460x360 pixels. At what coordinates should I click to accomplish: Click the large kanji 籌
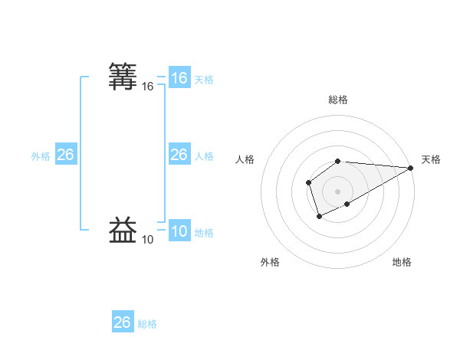(123, 77)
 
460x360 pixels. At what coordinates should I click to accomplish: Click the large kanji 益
(123, 230)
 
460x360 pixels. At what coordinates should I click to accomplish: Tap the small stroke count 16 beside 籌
(147, 87)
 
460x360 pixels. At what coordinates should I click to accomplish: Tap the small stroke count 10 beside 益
(147, 240)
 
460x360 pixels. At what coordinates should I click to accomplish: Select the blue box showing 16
(179, 78)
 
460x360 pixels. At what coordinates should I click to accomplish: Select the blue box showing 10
(179, 231)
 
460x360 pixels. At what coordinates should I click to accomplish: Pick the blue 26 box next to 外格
(65, 155)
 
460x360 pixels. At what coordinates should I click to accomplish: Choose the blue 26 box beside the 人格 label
(179, 155)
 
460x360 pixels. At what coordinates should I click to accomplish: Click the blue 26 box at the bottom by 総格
(122, 322)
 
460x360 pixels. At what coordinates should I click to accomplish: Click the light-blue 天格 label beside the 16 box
(204, 80)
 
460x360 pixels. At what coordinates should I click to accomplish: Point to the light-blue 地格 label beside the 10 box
(204, 233)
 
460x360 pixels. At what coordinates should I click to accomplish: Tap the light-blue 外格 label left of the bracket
(41, 156)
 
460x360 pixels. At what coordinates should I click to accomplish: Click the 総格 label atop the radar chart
(338, 100)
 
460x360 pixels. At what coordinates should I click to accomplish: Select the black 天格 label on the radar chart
(431, 159)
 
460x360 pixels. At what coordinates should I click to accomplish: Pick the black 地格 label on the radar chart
(402, 262)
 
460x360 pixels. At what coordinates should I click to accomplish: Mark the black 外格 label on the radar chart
(270, 262)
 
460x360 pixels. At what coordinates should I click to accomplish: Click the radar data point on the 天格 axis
(411, 168)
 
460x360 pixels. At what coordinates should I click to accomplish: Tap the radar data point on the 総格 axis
(338, 161)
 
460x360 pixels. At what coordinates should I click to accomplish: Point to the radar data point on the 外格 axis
(319, 217)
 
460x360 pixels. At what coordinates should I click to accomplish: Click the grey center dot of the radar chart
(338, 191)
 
